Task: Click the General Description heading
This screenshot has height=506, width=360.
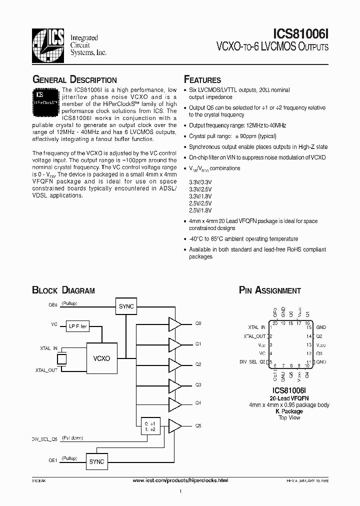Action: point(74,79)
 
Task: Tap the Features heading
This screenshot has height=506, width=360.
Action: point(202,79)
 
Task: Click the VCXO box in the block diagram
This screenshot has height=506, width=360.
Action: point(101,358)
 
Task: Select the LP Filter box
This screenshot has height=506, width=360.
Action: point(77,326)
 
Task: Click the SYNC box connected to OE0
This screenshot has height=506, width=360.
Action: point(125,306)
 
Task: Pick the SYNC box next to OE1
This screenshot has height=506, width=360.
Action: point(96,461)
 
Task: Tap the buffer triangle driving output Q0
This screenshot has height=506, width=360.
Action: point(175,324)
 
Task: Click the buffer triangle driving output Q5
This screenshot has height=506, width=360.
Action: point(175,425)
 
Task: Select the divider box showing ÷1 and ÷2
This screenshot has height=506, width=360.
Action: point(150,425)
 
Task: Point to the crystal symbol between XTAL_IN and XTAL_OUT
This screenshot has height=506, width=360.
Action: point(62,359)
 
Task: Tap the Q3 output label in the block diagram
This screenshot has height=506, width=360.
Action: point(198,385)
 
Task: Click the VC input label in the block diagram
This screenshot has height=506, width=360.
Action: point(54,324)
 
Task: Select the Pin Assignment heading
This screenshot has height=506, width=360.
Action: point(270,290)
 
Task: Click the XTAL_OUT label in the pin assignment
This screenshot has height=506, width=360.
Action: point(254,336)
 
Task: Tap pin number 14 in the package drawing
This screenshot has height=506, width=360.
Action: point(309,336)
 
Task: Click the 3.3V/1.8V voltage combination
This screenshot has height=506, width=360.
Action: point(200,196)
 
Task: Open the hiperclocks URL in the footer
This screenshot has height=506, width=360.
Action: point(180,480)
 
